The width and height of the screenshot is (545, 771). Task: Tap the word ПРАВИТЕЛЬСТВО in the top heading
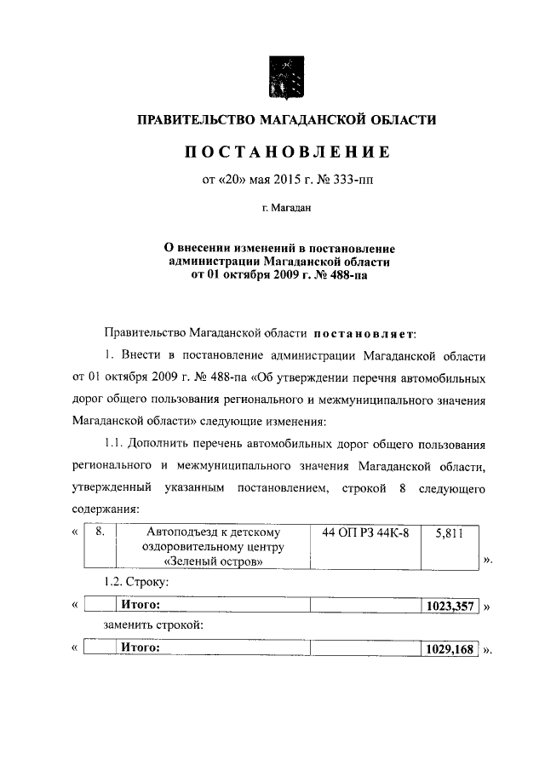tap(203, 121)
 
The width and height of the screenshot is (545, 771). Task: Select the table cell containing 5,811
tap(449, 534)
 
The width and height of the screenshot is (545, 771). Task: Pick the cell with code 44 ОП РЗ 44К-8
tap(365, 533)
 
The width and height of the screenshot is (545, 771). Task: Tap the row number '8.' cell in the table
tap(100, 533)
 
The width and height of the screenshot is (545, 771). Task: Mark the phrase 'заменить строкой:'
tap(152, 627)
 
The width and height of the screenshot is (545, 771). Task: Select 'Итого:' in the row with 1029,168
tap(141, 648)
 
